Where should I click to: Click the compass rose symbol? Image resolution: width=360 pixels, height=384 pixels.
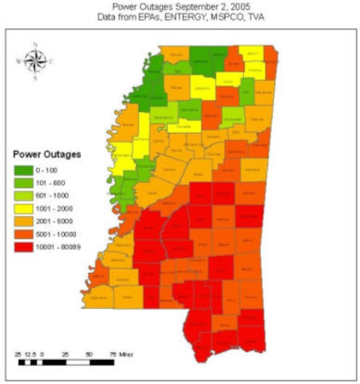35,60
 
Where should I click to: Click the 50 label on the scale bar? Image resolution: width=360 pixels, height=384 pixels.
89,353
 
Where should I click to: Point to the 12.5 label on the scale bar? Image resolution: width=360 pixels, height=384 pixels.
31,353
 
